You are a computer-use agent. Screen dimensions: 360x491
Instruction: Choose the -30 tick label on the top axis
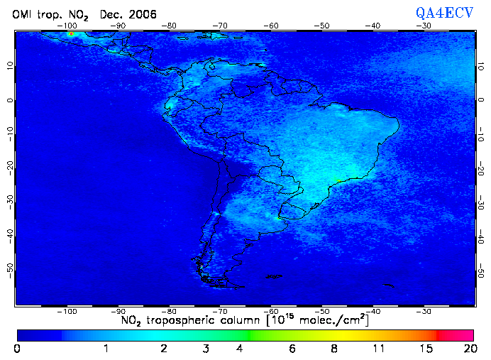tap(424, 26)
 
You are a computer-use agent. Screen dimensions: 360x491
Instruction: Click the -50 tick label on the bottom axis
tap(323, 311)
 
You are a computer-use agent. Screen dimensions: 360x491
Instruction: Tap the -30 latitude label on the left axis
tap(9, 200)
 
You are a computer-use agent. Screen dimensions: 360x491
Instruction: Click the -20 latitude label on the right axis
tap(481, 168)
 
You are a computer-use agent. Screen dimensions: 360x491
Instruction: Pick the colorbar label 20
tap(468, 349)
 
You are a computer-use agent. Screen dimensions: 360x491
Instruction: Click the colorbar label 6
tap(292, 349)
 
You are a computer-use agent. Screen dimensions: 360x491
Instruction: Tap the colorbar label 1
tap(105, 349)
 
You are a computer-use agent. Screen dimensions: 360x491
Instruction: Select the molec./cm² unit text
tap(329, 321)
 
